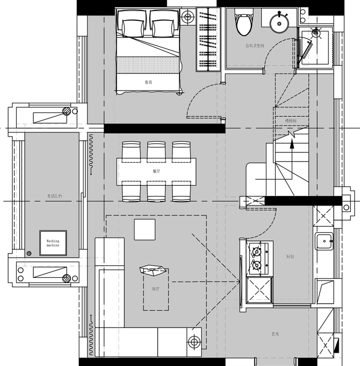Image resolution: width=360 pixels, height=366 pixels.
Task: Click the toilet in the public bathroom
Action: tap(243, 23)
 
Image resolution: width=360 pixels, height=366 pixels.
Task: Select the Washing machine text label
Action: tap(53, 243)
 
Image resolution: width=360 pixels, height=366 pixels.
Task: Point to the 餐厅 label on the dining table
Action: tap(156, 171)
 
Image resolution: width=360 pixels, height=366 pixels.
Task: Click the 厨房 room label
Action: tap(290, 257)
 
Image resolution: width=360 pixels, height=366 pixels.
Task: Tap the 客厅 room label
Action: tap(155, 289)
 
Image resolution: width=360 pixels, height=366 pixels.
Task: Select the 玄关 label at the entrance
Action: tap(276, 334)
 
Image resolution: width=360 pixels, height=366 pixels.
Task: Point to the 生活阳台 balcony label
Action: tap(54, 196)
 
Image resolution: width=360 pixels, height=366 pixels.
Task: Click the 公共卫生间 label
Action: tap(255, 46)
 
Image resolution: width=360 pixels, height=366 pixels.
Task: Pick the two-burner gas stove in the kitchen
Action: tap(256, 258)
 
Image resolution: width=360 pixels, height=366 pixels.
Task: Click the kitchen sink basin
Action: tap(324, 242)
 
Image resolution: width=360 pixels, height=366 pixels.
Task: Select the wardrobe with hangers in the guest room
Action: tap(207, 39)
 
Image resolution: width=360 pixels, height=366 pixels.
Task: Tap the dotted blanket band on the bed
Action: tap(148, 65)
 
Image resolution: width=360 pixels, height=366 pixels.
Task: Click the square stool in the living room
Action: tap(144, 229)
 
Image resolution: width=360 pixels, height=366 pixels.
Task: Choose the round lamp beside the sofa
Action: tap(194, 341)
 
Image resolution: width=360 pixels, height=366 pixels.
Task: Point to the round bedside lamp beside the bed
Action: tap(188, 17)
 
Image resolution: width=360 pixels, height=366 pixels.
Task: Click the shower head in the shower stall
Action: tap(317, 32)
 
